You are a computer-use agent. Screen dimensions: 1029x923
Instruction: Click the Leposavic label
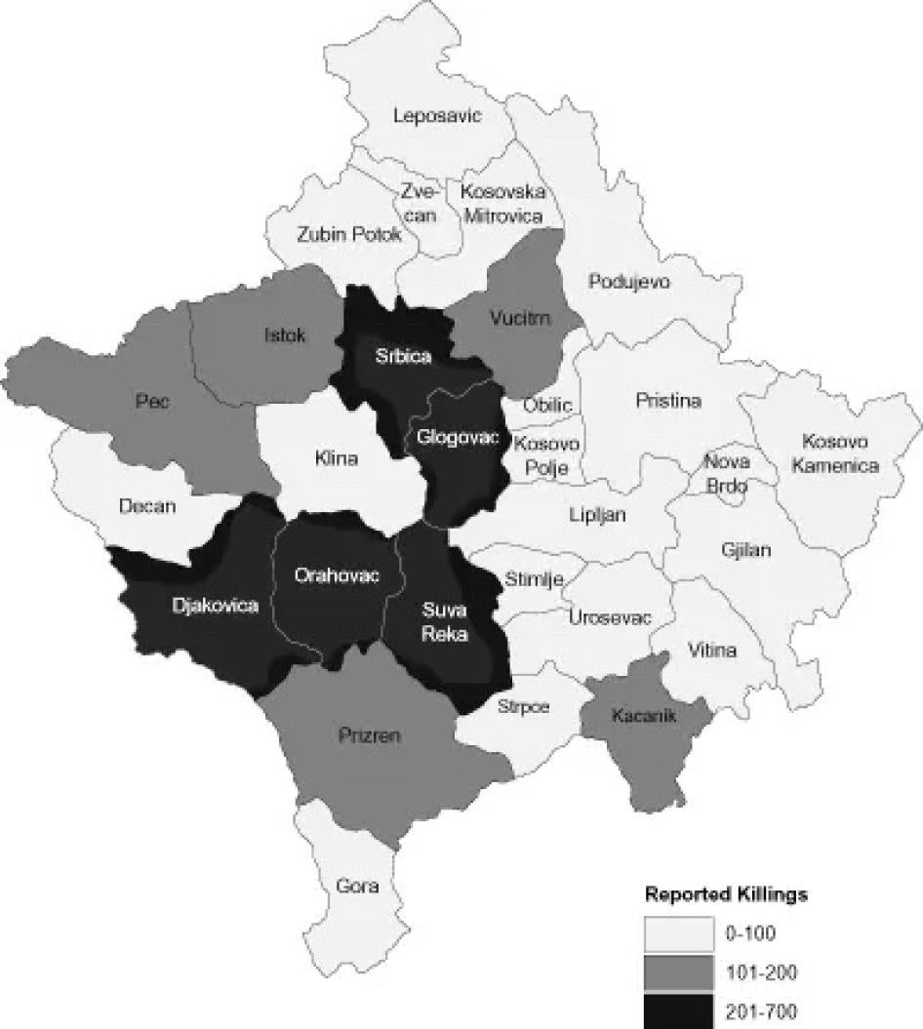438,116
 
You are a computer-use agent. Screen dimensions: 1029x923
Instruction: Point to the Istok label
285,336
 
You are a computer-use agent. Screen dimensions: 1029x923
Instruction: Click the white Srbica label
403,356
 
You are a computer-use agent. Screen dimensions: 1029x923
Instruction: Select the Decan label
146,506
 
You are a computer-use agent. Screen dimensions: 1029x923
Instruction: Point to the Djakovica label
215,606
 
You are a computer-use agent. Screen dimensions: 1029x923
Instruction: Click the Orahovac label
336,575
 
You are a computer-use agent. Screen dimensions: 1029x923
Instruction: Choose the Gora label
356,887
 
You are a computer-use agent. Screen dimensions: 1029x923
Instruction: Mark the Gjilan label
746,550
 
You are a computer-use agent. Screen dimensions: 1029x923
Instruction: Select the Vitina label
712,651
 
